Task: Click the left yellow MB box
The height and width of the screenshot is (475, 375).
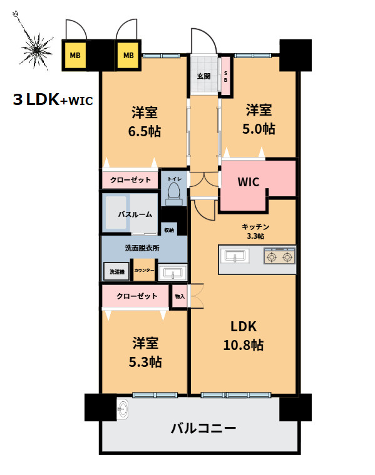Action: coord(74,55)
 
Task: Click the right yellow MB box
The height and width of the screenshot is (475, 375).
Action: coord(128,55)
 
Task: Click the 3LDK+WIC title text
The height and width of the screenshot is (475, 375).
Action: coord(53,100)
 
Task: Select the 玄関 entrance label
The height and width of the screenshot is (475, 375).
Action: coord(203,76)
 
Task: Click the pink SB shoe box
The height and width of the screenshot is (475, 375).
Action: coord(226,76)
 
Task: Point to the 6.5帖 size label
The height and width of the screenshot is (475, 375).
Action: coord(144,131)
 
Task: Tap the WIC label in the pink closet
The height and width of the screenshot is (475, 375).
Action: coord(247,182)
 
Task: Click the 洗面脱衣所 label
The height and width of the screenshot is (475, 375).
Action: coord(142,248)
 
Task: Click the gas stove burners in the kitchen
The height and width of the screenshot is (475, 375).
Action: coord(280,257)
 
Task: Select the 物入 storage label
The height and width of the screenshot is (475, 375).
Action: coord(180,296)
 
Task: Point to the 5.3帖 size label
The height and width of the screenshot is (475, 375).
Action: coord(146,361)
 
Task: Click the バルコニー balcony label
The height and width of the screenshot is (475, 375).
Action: coord(203,429)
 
